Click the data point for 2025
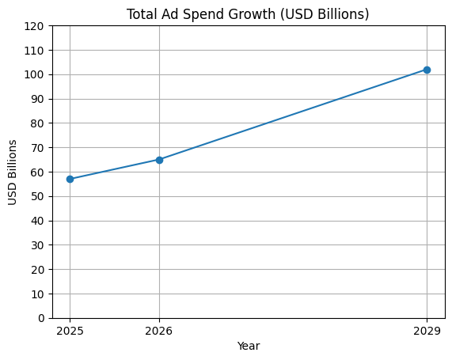(70, 179)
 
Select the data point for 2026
(159, 160)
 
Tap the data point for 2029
(427, 70)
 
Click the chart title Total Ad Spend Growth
(248, 14)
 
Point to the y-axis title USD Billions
(13, 172)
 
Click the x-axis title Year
(248, 346)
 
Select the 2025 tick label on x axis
(70, 330)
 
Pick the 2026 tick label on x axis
(159, 330)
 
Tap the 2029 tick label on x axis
(427, 330)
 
